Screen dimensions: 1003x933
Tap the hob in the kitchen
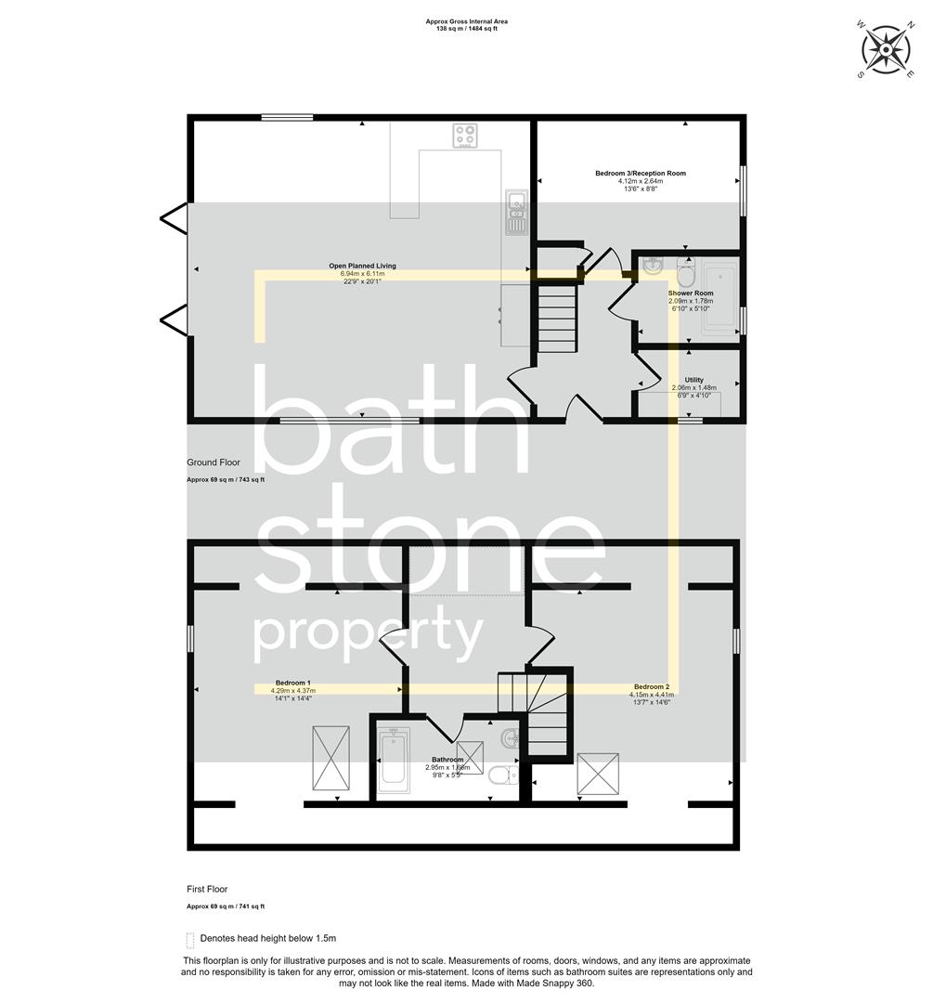[466, 136]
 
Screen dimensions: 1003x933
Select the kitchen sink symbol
[516, 212]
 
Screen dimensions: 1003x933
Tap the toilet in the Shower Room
[687, 273]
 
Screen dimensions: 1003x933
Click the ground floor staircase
[558, 318]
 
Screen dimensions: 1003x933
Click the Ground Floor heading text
[214, 462]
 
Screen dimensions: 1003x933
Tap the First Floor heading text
[207, 889]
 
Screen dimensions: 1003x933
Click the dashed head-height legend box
[190, 938]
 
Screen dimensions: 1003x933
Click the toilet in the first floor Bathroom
[501, 776]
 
